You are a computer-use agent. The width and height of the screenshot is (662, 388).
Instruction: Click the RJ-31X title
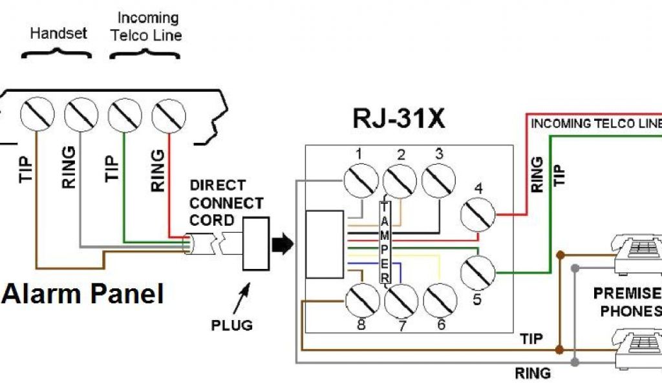399,119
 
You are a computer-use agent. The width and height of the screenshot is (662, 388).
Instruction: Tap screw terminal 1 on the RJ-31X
361,180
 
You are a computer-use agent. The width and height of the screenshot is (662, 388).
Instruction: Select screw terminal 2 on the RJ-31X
400,182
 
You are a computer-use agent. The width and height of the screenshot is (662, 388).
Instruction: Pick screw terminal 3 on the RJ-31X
438,180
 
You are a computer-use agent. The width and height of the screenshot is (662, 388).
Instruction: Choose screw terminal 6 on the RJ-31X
440,301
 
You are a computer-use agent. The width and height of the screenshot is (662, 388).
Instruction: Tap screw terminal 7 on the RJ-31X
401,301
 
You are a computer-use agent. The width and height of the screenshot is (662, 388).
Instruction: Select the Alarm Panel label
83,294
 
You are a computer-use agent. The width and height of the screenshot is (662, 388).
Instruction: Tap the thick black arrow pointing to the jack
283,244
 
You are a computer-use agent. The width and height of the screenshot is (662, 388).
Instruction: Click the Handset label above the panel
58,33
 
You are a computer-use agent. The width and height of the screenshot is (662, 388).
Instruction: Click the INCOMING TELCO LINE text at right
595,124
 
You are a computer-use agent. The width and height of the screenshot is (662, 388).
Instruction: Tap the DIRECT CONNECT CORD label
226,202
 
